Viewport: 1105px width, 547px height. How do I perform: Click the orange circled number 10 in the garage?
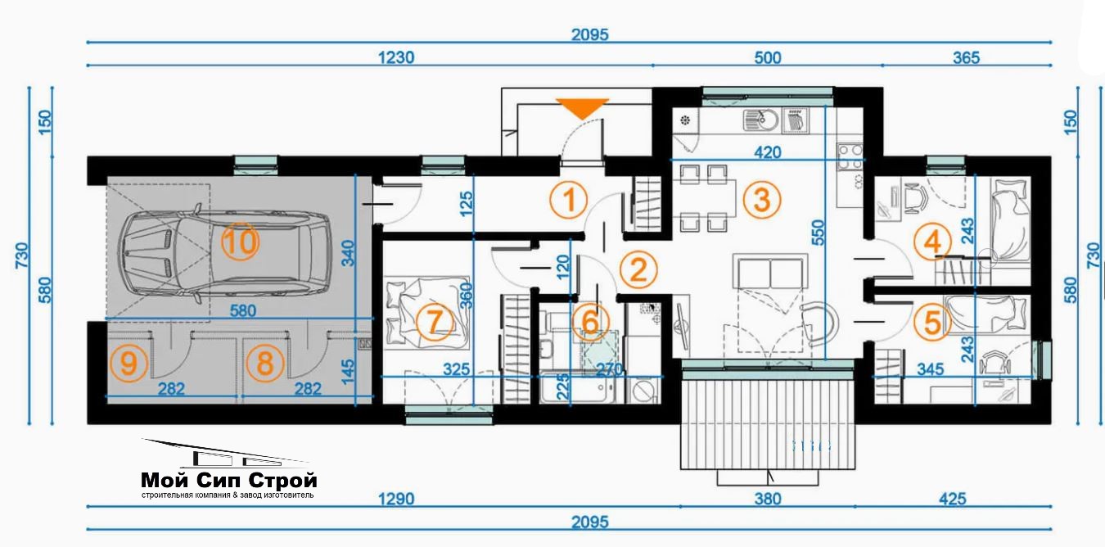point(240,242)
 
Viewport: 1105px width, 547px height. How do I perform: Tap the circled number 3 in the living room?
point(762,200)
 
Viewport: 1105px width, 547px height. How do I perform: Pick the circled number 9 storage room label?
point(129,364)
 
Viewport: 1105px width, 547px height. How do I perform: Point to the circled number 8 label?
point(265,364)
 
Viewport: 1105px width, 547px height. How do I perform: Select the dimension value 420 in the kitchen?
point(768,152)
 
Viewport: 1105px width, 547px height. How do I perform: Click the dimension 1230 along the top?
point(396,58)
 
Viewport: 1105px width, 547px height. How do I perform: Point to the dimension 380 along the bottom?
point(768,499)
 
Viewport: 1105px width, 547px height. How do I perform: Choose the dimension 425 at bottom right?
point(952,499)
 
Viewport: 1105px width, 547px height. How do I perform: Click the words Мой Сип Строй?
point(229,479)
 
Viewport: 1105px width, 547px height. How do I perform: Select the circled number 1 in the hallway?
point(569,200)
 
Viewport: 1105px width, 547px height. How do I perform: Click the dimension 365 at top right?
point(966,58)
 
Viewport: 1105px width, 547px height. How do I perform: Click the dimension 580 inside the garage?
point(243,310)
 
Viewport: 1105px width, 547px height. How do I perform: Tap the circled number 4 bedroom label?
point(931,242)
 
